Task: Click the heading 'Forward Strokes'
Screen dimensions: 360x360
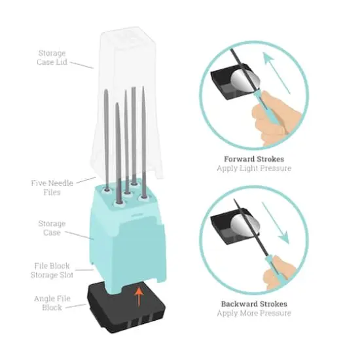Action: [x=253, y=159]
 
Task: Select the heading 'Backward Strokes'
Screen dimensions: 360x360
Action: [x=253, y=304]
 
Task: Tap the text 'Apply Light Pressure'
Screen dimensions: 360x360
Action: [x=254, y=168]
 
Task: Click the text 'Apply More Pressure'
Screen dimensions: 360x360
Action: [x=254, y=314]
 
